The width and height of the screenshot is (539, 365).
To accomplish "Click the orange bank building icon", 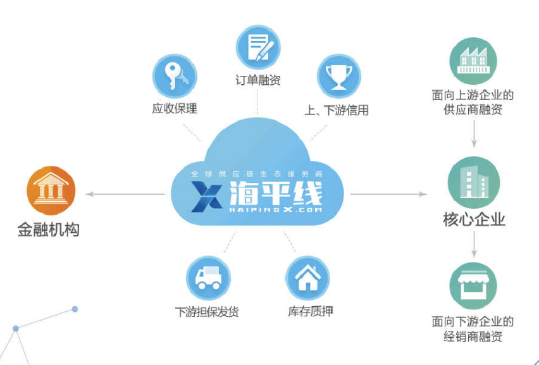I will (x=51, y=191).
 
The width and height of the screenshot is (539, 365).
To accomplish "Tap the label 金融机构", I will (x=49, y=229).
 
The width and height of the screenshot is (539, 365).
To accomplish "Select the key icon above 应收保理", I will (x=175, y=76).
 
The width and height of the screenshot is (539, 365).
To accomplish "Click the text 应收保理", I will (x=175, y=109).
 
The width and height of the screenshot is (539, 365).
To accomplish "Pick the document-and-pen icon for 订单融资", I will (x=257, y=47).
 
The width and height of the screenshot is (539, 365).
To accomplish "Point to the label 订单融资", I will (x=257, y=80).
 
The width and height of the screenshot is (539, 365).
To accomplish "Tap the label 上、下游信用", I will (x=337, y=110).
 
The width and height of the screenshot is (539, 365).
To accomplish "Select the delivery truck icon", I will (x=208, y=277).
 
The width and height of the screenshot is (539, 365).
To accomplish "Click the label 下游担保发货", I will (x=207, y=312).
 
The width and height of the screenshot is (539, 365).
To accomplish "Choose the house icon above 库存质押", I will (x=307, y=277).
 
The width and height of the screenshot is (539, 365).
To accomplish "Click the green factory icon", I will (x=473, y=61).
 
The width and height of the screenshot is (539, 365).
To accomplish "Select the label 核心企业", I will (x=474, y=220).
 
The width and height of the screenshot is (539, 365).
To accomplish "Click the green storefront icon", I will (x=473, y=285).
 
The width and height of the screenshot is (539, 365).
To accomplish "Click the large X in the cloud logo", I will (x=205, y=196).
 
